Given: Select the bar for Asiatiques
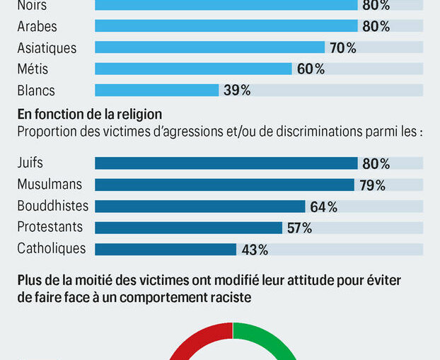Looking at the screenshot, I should (x=209, y=48).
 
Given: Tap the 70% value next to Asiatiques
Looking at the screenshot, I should (x=342, y=48).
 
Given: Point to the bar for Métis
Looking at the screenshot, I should (x=193, y=69).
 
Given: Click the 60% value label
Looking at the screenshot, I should (x=310, y=69).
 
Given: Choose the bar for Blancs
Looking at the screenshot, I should (x=156, y=90).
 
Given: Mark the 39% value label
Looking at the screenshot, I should (x=236, y=90).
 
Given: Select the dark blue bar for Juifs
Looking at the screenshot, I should (x=226, y=163).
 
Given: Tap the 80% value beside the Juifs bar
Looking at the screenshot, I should (x=376, y=163).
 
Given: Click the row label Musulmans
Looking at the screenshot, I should (x=50, y=185).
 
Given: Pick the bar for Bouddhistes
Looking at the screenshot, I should (x=199, y=207).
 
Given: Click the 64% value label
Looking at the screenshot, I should (x=323, y=207).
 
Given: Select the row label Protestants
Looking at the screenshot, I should (x=50, y=227).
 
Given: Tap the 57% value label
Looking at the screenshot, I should (x=298, y=228).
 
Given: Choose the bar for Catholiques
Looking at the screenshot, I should (x=165, y=249).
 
